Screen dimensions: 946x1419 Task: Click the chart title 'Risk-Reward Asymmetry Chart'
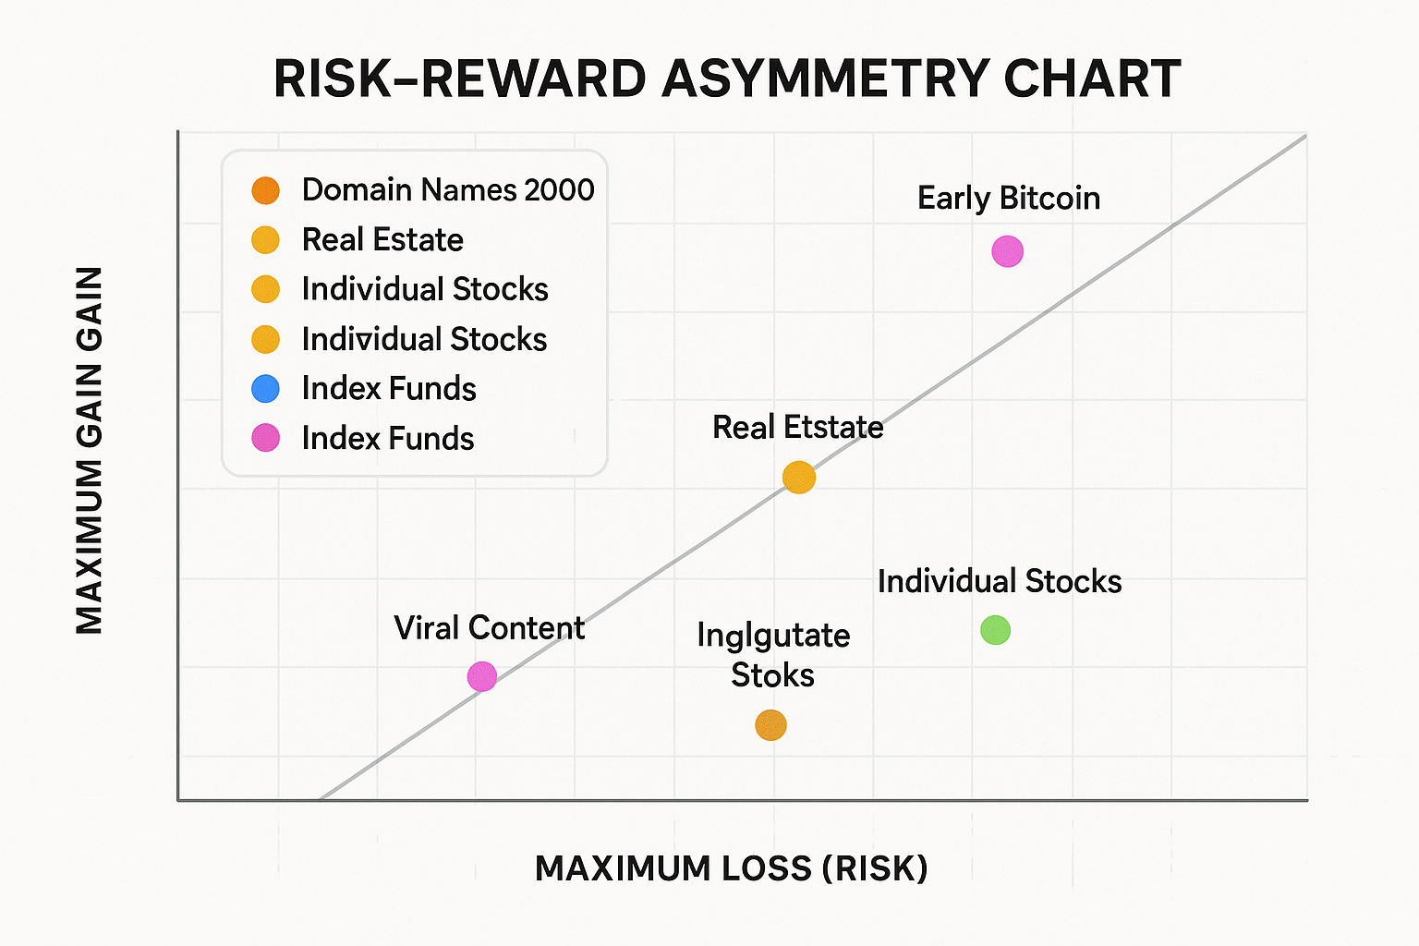(x=727, y=79)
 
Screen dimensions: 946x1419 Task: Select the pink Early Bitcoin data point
(x=1007, y=251)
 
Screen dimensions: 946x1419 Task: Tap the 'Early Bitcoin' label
(x=1008, y=199)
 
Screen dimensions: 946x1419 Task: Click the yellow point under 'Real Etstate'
(x=798, y=478)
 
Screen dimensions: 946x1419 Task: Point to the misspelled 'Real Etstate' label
(x=797, y=428)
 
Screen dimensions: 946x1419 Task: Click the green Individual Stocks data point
(x=995, y=630)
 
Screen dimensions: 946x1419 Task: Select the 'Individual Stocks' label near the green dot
(x=999, y=582)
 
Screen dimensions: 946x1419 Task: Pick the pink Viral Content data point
(x=481, y=676)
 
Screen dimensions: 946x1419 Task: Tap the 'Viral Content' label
(x=489, y=628)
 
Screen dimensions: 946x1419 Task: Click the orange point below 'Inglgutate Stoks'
(x=770, y=725)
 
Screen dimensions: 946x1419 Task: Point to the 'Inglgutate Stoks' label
(x=773, y=655)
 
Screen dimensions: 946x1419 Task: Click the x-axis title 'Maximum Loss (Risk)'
(x=731, y=869)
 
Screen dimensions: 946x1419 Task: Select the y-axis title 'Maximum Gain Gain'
(x=90, y=450)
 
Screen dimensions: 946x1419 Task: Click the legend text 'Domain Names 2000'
(x=448, y=190)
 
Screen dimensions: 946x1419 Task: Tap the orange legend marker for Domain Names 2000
(x=265, y=190)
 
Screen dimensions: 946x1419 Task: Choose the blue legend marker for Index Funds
(x=265, y=388)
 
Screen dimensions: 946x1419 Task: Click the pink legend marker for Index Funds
(x=265, y=438)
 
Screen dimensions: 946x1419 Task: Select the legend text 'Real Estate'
(x=382, y=240)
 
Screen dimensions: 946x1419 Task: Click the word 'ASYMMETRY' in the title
(x=824, y=79)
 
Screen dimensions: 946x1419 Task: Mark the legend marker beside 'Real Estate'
(x=265, y=240)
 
